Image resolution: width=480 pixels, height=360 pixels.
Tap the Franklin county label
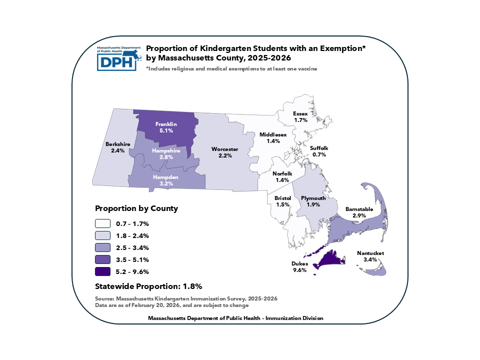tap(166, 123)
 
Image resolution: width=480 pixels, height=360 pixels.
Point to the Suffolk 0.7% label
tap(319, 151)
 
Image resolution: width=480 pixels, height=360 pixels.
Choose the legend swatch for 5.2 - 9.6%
tap(103, 271)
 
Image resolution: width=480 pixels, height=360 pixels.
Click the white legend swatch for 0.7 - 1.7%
tap(103, 223)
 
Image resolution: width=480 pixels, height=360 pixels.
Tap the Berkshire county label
tap(117, 144)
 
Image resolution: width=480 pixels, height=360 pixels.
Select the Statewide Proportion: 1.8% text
tap(148, 286)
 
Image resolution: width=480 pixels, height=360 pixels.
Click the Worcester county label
tap(224, 149)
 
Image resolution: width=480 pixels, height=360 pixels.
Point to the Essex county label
tap(300, 113)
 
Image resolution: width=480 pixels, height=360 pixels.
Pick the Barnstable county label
tap(359, 209)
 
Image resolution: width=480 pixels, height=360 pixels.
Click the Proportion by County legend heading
tap(136, 208)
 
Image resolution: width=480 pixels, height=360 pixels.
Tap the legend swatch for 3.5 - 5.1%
tap(103, 259)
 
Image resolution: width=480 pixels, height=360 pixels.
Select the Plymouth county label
tap(313, 198)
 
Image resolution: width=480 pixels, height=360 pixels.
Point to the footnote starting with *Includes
tap(231, 68)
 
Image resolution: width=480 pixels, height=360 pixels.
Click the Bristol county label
tap(282, 198)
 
